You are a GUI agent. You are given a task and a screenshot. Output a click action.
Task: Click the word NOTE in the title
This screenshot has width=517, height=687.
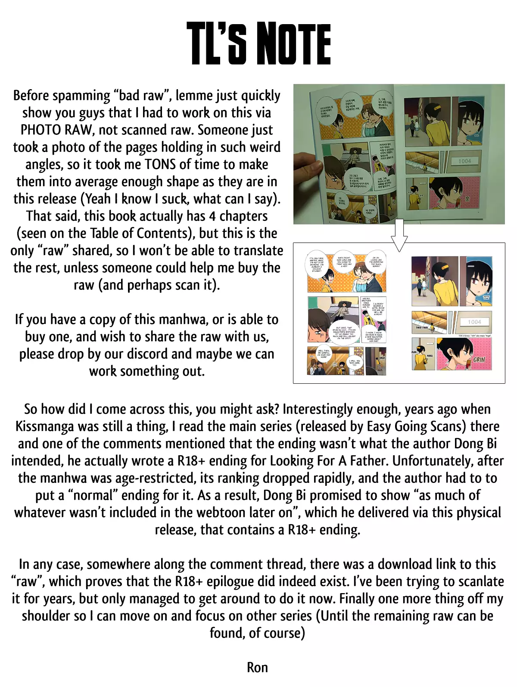(296, 44)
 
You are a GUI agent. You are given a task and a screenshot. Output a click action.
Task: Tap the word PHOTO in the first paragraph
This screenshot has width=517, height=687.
(41, 130)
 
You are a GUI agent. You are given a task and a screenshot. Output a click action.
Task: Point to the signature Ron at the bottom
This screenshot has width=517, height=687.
(257, 668)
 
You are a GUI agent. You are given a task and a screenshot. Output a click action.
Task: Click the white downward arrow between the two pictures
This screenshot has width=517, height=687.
(399, 235)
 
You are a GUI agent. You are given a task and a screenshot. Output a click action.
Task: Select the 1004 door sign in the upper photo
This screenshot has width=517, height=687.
(464, 161)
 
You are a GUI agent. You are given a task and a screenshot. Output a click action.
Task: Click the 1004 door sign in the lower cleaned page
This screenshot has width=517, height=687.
(474, 322)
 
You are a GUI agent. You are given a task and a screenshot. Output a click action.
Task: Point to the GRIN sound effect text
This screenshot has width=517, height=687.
(479, 360)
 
